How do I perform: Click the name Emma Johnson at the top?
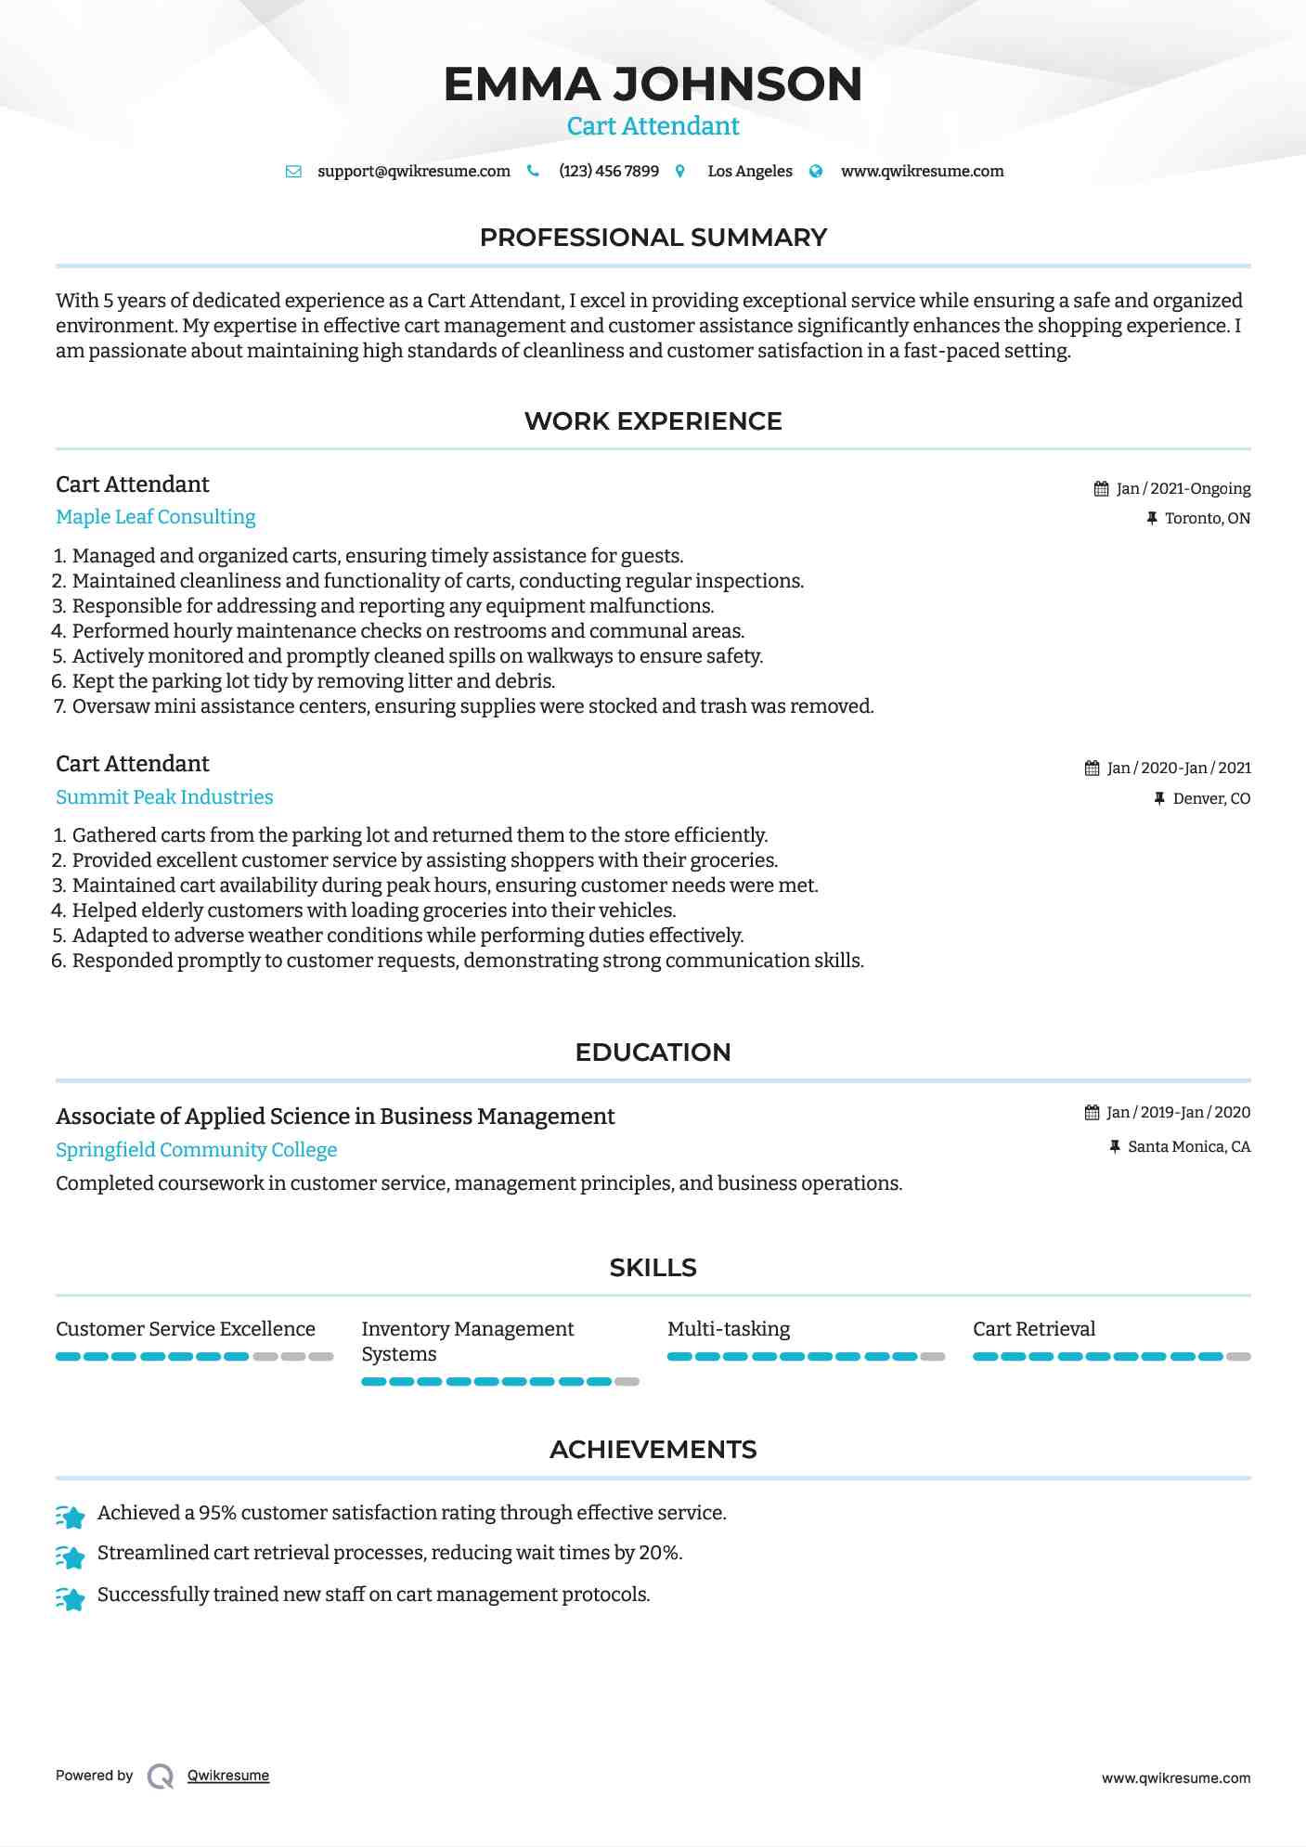tap(653, 84)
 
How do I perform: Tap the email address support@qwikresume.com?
tap(413, 172)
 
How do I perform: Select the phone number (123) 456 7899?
tap(608, 172)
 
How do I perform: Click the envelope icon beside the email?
tap(293, 172)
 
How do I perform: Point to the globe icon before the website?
tap(816, 172)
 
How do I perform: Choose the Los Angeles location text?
tap(749, 172)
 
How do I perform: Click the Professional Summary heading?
tap(653, 238)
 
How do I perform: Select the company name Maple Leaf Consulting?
tap(155, 517)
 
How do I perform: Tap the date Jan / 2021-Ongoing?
tap(1183, 489)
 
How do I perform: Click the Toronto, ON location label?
tap(1207, 519)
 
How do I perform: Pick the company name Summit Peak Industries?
tap(164, 797)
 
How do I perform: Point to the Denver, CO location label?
tap(1210, 799)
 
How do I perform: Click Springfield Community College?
tap(196, 1150)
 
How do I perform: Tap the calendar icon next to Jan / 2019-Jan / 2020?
tap(1092, 1112)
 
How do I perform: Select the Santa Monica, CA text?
tap(1188, 1147)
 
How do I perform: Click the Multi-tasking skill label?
tap(729, 1329)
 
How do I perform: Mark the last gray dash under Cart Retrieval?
tap(1238, 1357)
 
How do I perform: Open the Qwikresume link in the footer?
tap(228, 1776)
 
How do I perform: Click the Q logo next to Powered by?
tap(161, 1776)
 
